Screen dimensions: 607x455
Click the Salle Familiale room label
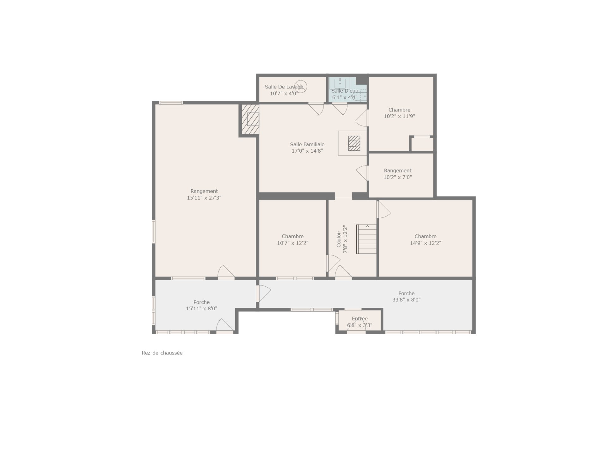(307, 144)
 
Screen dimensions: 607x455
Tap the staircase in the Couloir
(367, 239)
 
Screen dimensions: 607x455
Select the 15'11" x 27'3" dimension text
(204, 198)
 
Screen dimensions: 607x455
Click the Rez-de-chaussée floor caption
(162, 353)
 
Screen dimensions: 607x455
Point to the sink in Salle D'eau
(340, 83)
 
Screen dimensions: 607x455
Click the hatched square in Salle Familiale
(354, 143)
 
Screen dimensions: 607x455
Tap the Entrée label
(360, 318)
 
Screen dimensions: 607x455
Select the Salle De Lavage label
(284, 87)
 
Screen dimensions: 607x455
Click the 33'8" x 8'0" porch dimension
(406, 300)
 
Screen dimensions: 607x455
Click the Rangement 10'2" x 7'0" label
(398, 174)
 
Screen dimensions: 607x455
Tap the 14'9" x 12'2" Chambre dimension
(426, 243)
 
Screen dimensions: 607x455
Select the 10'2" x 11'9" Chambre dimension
(399, 116)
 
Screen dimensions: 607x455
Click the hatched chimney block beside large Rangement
(250, 119)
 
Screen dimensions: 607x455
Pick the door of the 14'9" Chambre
(383, 209)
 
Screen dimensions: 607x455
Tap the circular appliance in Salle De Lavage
(300, 87)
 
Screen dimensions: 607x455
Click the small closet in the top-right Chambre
(422, 144)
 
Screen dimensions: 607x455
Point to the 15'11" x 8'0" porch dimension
(201, 309)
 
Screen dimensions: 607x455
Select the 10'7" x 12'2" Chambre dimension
(293, 243)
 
